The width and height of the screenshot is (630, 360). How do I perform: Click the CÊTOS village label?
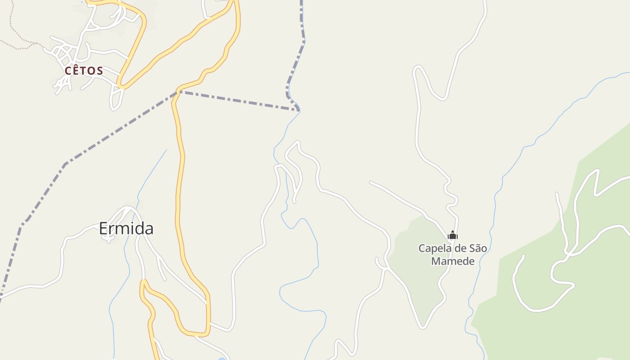tap(84, 71)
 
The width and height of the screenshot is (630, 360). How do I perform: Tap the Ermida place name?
tap(126, 229)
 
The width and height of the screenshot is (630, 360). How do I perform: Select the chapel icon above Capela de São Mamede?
tap(453, 235)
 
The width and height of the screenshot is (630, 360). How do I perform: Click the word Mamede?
tap(453, 261)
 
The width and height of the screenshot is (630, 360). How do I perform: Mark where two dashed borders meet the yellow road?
tap(179, 91)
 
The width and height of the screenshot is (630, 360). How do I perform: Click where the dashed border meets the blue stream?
tap(298, 109)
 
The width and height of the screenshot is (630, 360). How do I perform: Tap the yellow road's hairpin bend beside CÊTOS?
tap(121, 85)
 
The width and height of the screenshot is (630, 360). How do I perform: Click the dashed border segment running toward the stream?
tap(238, 100)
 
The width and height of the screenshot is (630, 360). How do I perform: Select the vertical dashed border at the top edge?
tap(302, 18)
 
